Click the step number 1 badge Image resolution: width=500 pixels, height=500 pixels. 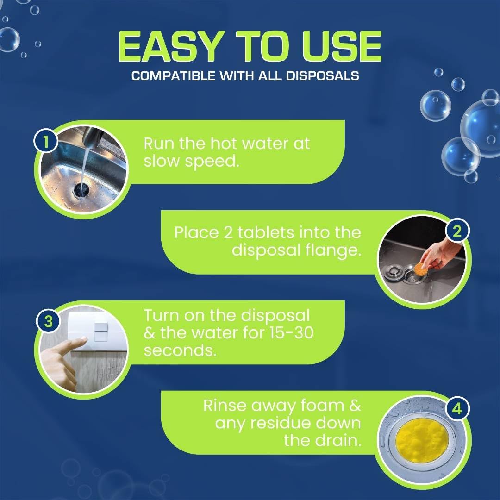coord(45,142)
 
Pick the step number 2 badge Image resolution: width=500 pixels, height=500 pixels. coord(456,231)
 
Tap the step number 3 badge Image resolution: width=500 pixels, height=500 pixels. coord(45,321)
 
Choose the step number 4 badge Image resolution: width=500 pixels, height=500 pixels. coord(456,409)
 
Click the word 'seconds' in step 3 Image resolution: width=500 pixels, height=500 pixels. coord(180,350)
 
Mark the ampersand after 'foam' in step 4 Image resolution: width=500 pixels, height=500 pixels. coord(354,406)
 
